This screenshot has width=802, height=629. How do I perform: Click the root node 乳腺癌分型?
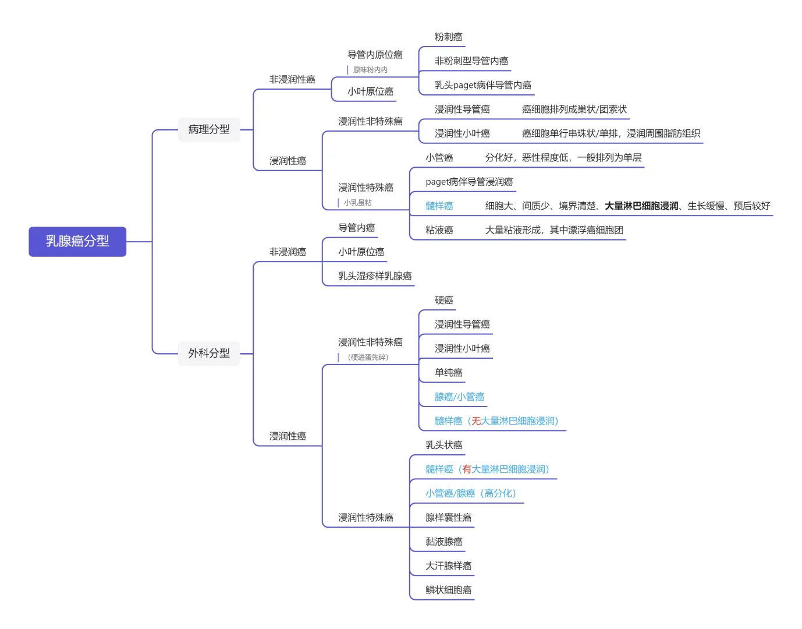point(77,241)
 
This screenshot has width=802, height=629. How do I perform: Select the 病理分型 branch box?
point(209,129)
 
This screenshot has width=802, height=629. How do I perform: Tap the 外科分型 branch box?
point(209,353)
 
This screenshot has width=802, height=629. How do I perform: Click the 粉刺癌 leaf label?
point(448,37)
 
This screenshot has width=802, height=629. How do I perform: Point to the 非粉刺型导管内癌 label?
point(471,61)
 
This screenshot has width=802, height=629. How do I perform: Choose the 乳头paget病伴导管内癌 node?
point(482,85)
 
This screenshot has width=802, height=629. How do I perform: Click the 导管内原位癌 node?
point(375,54)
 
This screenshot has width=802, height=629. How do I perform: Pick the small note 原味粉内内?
point(370,70)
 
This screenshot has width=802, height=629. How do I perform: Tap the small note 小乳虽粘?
point(357,203)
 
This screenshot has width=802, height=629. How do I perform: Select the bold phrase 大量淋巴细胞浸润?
point(641,206)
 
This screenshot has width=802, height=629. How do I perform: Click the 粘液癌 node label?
point(439,230)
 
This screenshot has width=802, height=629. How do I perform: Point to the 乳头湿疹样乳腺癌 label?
point(375,276)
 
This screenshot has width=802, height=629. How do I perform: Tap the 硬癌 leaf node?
point(443,300)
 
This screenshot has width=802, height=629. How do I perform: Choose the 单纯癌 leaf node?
point(448,372)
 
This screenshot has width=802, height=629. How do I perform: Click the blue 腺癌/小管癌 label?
point(459,397)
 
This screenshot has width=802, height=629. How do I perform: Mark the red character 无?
point(475,421)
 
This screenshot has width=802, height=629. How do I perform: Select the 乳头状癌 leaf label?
point(443,445)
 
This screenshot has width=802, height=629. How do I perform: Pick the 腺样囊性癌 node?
point(448,517)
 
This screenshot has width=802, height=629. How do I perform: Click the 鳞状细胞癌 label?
point(448,589)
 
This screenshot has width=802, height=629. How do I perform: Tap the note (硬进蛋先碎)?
point(368,357)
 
